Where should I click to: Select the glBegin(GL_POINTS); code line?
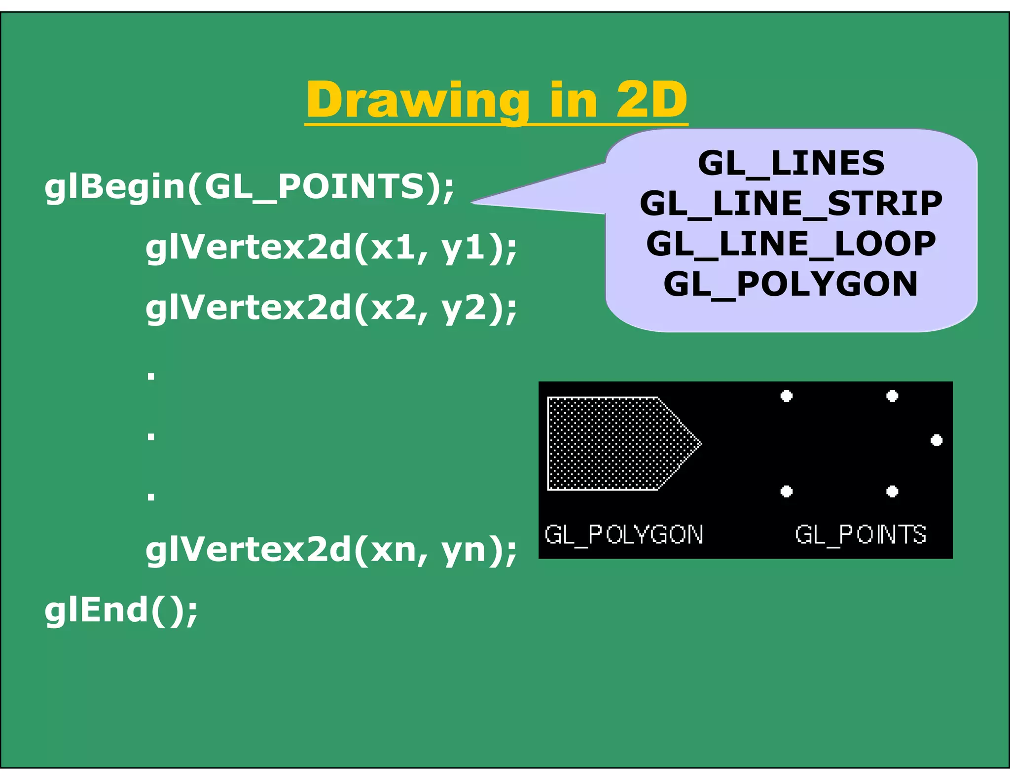249,187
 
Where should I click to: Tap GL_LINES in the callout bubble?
791,163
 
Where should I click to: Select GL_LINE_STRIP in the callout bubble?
791,203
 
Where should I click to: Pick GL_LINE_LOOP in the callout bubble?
791,244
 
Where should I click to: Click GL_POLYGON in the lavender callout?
791,284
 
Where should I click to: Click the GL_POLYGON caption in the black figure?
624,534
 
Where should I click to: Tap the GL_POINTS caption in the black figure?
861,534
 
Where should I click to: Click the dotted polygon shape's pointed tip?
700,443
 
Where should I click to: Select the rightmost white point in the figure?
937,440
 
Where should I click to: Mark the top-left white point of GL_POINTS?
787,396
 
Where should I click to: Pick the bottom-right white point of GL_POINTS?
892,491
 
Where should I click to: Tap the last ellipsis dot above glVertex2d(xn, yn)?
151,496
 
